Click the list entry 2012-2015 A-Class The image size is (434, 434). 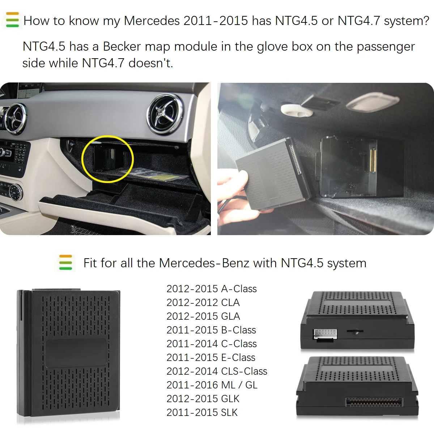click(x=211, y=289)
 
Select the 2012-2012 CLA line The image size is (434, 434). click(x=203, y=302)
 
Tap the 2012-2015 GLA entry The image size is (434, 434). click(x=203, y=316)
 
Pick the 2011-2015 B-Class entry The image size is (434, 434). click(x=211, y=330)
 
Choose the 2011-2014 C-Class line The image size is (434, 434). click(x=211, y=344)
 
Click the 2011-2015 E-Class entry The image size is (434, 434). click(x=210, y=357)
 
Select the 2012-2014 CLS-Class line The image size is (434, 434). click(x=217, y=371)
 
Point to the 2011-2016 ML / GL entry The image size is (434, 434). click(x=212, y=385)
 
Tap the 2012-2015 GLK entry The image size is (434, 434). click(x=203, y=399)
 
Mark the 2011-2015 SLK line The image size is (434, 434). click(x=202, y=412)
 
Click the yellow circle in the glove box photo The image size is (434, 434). click(x=107, y=159)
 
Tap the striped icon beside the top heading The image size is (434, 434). click(x=12, y=20)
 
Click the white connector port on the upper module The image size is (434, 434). click(x=325, y=334)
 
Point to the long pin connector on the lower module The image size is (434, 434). click(x=374, y=402)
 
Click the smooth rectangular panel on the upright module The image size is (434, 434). click(x=76, y=353)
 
